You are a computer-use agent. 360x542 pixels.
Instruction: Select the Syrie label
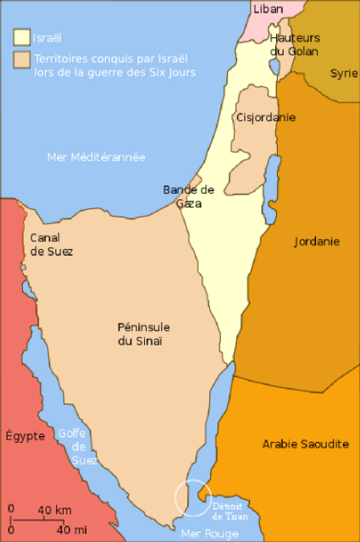[344, 73]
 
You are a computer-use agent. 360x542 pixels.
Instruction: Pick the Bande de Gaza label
[189, 196]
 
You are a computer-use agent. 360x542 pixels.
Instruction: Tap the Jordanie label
[317, 241]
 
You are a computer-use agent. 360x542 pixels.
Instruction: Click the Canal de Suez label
[52, 245]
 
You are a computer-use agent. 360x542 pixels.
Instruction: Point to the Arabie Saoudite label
[306, 444]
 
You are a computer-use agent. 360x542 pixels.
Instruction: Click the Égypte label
[25, 436]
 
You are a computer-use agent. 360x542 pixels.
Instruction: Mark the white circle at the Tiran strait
[192, 497]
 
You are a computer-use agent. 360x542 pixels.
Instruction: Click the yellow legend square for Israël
[20, 38]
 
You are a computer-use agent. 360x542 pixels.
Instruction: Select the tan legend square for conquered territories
[20, 60]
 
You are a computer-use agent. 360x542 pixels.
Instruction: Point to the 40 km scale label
[54, 510]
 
